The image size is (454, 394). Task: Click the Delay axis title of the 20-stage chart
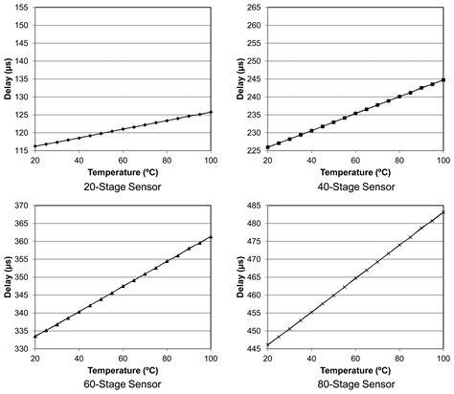pos(9,77)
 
